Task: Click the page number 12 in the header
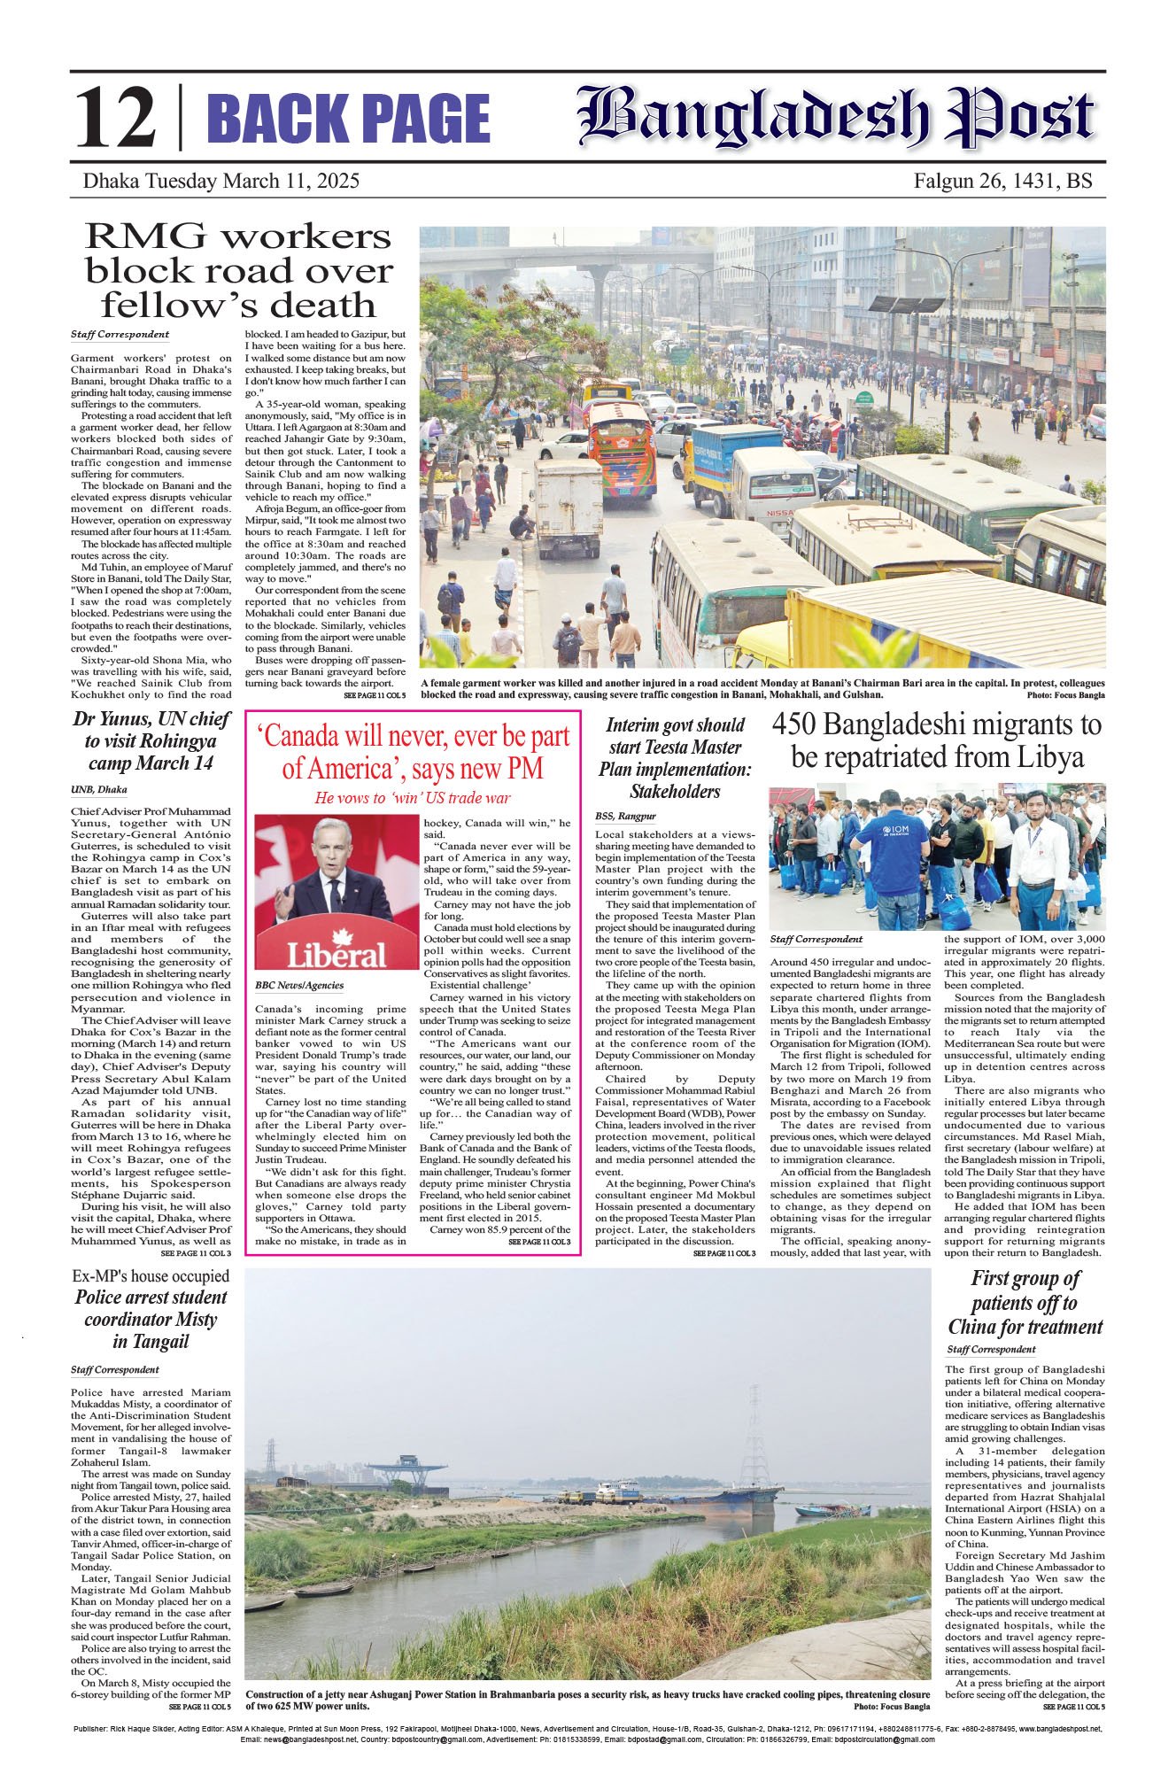click(x=115, y=120)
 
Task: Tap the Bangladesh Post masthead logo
click(x=836, y=117)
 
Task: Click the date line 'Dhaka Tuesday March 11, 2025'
click(x=220, y=182)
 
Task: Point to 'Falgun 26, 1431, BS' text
click(x=1003, y=182)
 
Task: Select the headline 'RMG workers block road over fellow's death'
click(x=238, y=270)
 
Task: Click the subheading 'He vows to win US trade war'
click(x=413, y=797)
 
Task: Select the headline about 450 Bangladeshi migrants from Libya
click(x=937, y=740)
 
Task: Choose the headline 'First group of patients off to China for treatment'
click(x=1025, y=1302)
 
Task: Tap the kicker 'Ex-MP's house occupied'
click(x=151, y=1276)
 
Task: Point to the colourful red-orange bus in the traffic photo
click(x=622, y=450)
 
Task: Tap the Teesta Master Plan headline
click(x=675, y=758)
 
